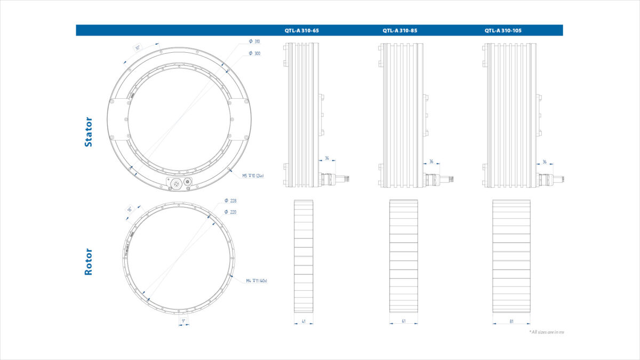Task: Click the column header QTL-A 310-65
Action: (301, 30)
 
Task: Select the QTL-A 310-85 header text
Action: (399, 30)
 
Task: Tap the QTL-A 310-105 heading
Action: (502, 30)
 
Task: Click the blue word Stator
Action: (89, 132)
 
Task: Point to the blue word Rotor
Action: (89, 261)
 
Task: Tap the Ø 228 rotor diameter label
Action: (230, 201)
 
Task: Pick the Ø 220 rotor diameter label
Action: (230, 212)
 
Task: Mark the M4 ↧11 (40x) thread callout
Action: (257, 281)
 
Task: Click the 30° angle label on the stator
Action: (137, 48)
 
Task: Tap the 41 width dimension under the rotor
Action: (303, 321)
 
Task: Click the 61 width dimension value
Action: (403, 321)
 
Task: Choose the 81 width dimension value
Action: (511, 321)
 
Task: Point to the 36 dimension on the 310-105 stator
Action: (544, 161)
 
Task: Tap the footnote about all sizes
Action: (546, 332)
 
